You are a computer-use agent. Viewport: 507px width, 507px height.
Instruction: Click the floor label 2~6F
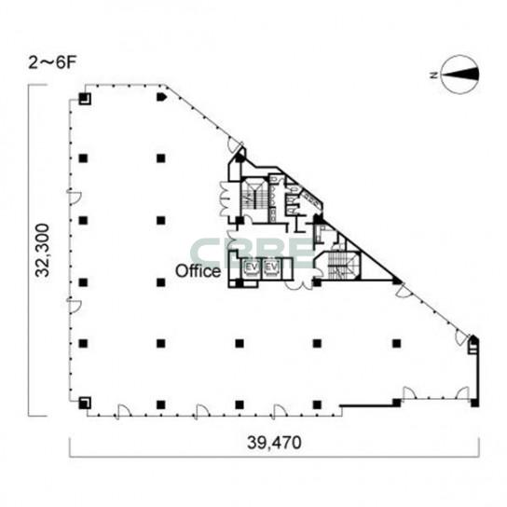click(x=52, y=63)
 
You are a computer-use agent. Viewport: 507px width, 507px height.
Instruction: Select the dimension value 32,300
click(x=43, y=251)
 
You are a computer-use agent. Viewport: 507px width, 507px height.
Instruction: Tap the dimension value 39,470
click(x=274, y=443)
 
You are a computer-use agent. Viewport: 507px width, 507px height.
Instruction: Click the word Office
click(x=198, y=271)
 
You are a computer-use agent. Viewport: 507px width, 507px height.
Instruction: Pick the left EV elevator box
click(x=252, y=267)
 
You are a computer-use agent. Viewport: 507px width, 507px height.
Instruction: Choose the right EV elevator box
click(x=271, y=267)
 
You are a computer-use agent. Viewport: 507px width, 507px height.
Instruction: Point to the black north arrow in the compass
click(x=459, y=75)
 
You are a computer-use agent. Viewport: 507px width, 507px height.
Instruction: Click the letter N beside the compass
click(x=433, y=75)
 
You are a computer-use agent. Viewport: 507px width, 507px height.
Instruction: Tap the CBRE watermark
click(x=253, y=253)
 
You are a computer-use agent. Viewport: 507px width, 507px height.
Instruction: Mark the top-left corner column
click(x=85, y=99)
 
